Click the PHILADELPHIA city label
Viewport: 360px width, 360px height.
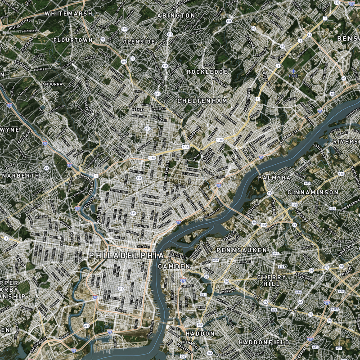(126, 255)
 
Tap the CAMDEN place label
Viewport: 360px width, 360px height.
(174, 266)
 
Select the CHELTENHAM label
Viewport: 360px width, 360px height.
(202, 101)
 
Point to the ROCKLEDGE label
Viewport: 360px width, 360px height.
(207, 72)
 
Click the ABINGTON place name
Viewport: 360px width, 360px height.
(176, 15)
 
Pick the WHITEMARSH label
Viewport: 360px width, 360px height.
(68, 13)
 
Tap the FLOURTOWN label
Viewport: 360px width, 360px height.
(73, 40)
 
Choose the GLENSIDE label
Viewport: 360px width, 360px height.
(139, 41)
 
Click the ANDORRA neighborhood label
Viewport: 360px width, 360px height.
(52, 84)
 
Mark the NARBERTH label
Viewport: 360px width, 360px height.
(20, 175)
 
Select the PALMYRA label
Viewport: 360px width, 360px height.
(274, 178)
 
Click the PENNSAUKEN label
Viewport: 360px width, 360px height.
(242, 250)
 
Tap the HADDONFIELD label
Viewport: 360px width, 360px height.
(264, 342)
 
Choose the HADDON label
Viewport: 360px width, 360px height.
(200, 333)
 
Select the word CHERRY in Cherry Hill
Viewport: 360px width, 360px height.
(271, 277)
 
